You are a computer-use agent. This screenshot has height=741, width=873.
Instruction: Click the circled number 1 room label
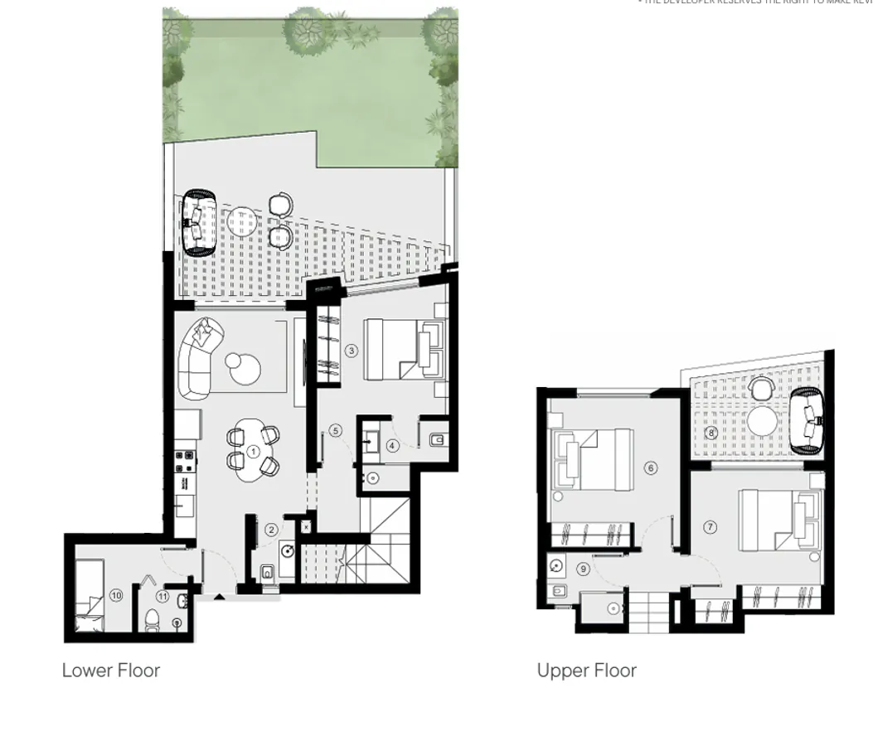(253, 452)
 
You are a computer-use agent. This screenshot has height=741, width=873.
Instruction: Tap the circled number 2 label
(271, 530)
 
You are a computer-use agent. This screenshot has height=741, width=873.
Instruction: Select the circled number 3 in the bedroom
(352, 351)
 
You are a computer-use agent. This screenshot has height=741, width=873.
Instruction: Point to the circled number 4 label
(393, 446)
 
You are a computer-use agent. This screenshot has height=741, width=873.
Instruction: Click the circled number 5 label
(335, 430)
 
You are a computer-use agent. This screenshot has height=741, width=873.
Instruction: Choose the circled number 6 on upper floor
(651, 468)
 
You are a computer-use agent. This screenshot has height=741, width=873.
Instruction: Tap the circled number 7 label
(710, 527)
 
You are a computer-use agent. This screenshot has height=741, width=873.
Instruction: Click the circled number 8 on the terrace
(711, 433)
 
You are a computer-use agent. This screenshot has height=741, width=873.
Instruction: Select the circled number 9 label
(584, 569)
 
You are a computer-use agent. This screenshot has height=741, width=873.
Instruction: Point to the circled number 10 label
(116, 595)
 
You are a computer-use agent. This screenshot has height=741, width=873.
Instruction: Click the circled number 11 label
(162, 596)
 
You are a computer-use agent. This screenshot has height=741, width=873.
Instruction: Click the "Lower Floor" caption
(111, 670)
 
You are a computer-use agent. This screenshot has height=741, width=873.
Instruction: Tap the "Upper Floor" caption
(586, 670)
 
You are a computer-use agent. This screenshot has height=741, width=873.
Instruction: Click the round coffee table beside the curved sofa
(245, 369)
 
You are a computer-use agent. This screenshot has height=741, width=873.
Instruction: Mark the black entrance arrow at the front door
(219, 595)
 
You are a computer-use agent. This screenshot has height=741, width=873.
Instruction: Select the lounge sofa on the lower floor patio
(198, 222)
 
